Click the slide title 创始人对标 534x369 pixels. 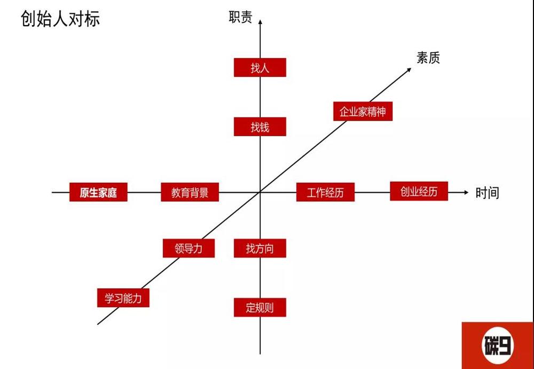click(60, 19)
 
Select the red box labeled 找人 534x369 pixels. click(260, 67)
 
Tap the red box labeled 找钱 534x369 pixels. click(260, 127)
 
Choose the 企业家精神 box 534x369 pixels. click(363, 111)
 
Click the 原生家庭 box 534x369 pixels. click(98, 192)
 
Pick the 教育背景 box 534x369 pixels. click(190, 192)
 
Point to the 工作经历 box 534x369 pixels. click(325, 192)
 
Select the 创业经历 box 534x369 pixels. click(419, 191)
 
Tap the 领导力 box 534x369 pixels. click(189, 248)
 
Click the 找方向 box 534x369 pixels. click(260, 248)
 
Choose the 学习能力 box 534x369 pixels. click(123, 298)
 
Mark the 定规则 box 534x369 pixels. click(260, 308)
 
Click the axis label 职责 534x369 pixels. click(240, 17)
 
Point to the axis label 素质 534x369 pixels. click(428, 58)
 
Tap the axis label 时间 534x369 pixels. click(487, 193)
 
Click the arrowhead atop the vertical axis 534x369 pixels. click(260, 22)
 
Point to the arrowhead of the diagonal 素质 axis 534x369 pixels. click(409, 70)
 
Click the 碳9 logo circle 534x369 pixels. click(498, 346)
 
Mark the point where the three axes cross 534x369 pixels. click(260, 192)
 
